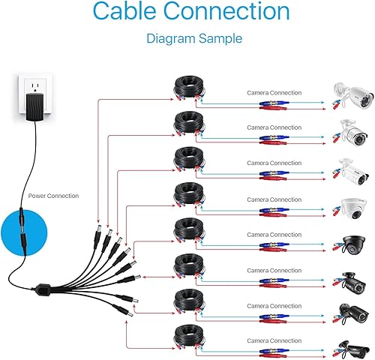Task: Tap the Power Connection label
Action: coord(53,195)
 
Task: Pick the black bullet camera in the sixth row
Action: coord(352,279)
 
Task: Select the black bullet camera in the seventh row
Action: coord(352,313)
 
